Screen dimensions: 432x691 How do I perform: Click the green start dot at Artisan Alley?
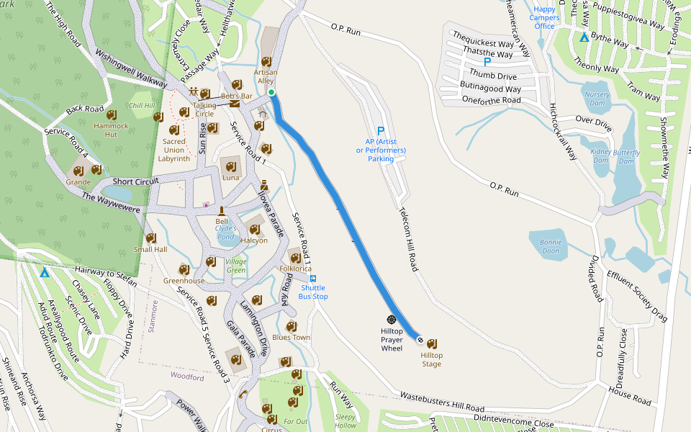click(x=271, y=92)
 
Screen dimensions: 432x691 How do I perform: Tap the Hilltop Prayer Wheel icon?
click(x=392, y=319)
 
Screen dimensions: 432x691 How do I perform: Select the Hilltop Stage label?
click(x=431, y=359)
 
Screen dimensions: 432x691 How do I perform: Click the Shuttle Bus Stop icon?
click(x=313, y=278)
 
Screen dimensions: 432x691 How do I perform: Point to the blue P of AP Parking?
click(x=380, y=132)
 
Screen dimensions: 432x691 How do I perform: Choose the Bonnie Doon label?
click(x=550, y=246)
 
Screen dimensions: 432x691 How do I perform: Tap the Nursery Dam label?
click(x=597, y=99)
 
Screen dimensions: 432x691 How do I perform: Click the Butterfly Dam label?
click(x=626, y=157)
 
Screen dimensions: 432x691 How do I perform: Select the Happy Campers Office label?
click(x=545, y=18)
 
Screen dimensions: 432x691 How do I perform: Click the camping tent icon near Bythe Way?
click(x=584, y=37)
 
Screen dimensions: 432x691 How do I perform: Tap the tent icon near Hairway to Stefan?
click(x=45, y=272)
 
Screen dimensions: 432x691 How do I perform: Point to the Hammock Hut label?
click(x=111, y=130)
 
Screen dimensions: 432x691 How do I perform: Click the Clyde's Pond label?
click(x=225, y=232)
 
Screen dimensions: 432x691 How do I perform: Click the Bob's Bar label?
click(x=236, y=96)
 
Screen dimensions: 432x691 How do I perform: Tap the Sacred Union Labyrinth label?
click(x=173, y=150)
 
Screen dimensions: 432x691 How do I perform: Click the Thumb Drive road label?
click(x=493, y=76)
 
